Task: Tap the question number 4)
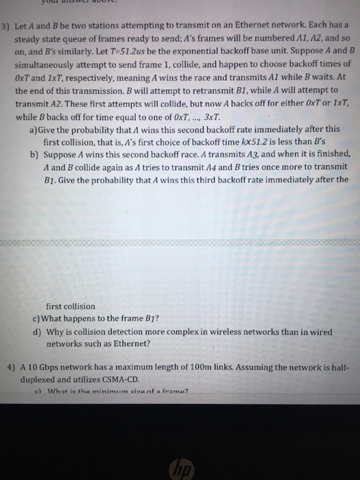(8, 367)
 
